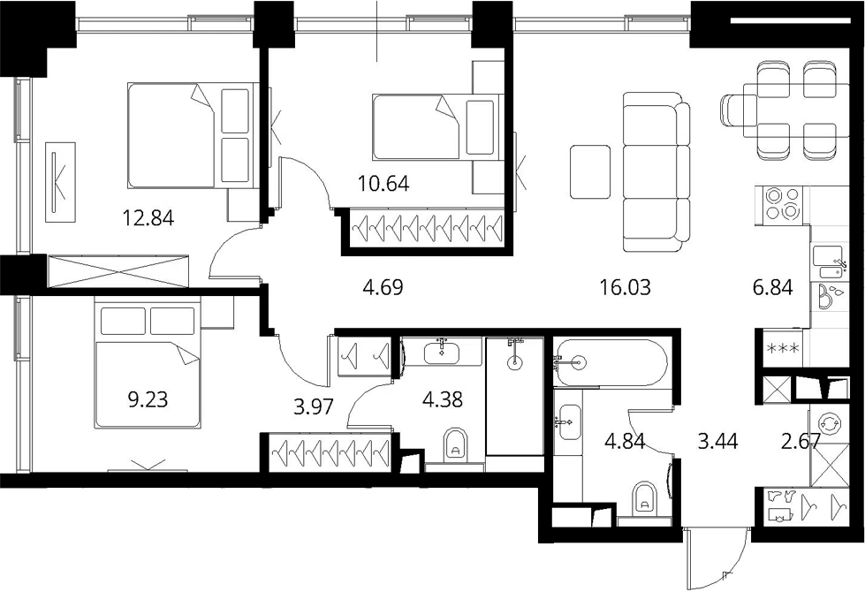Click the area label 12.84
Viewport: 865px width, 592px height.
(x=148, y=218)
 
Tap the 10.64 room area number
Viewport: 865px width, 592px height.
(x=383, y=183)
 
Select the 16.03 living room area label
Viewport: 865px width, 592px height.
(x=625, y=287)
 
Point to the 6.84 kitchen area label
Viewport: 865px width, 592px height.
(x=772, y=287)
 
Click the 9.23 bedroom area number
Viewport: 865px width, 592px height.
(x=148, y=398)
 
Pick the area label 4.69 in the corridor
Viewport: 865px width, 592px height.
(x=383, y=287)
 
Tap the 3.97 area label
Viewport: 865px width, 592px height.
(x=314, y=406)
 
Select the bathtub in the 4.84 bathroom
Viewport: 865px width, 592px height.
(x=611, y=363)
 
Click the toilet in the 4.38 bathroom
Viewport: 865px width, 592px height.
(x=455, y=444)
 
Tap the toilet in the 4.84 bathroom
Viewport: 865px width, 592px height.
(x=643, y=497)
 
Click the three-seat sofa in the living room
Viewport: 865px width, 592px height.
(x=656, y=171)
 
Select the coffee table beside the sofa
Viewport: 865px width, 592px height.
(x=590, y=171)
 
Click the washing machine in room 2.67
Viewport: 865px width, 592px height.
(x=830, y=424)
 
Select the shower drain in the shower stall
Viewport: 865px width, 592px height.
(x=515, y=362)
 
